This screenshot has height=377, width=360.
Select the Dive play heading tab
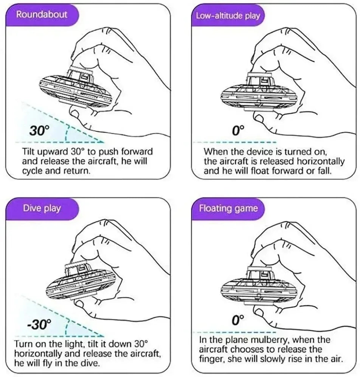pyautogui.click(x=42, y=208)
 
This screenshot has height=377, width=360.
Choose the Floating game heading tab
pyautogui.click(x=228, y=208)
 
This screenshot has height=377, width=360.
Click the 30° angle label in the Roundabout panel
pyautogui.click(x=39, y=131)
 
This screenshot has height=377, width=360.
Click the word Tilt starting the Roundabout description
pyautogui.click(x=29, y=152)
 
